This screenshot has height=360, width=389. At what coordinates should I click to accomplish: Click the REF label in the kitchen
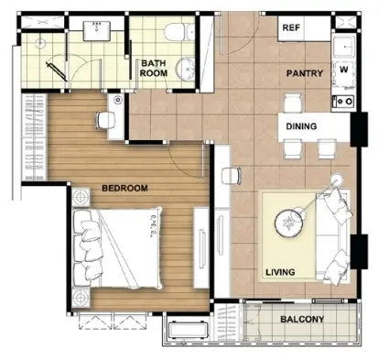[x=291, y=27]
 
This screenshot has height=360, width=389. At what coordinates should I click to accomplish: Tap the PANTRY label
[x=305, y=73]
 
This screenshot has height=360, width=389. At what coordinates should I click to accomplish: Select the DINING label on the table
[x=301, y=126]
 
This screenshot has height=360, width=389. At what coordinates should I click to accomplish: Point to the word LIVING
[x=280, y=272]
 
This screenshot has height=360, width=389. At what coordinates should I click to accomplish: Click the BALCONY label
[x=302, y=320]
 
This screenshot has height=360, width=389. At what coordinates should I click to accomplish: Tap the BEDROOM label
[x=124, y=188]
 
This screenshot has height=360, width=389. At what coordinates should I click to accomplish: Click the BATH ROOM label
[x=154, y=68]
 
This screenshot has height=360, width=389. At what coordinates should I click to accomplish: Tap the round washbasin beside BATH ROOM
[x=185, y=69]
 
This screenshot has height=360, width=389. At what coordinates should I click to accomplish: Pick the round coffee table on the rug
[x=286, y=224]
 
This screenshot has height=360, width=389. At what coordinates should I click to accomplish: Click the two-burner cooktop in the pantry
[x=343, y=101]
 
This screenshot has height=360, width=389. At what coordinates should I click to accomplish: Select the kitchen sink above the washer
[x=344, y=47]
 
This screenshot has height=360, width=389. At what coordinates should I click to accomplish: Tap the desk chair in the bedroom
[x=105, y=120]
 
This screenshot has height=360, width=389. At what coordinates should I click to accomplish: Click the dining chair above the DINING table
[x=293, y=103]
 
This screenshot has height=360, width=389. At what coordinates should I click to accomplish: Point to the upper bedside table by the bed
[x=81, y=197]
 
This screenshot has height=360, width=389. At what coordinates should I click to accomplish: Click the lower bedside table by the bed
[x=81, y=298]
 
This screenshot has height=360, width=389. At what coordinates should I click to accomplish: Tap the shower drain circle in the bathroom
[x=39, y=44]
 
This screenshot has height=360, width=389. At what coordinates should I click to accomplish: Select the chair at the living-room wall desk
[x=232, y=176]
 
